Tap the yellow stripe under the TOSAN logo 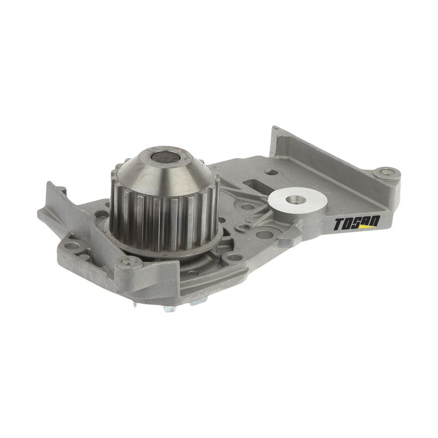tap(365, 227)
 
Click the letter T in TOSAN tap(339, 225)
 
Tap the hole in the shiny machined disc tap(297, 199)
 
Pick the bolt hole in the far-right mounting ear tap(387, 172)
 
